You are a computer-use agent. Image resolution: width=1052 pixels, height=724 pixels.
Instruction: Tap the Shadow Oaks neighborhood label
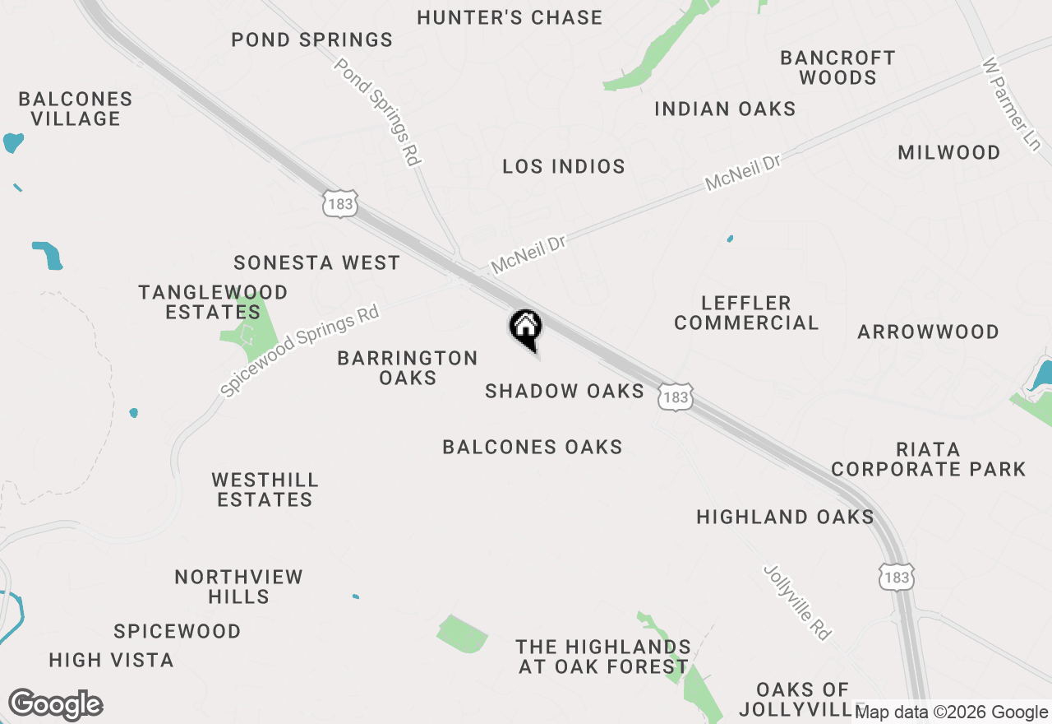565,391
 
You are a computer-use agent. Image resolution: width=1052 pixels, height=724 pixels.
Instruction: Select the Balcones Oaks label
533,447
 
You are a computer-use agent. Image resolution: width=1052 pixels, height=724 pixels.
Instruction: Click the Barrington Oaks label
408,368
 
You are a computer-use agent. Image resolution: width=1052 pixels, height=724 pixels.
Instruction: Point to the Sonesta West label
316,262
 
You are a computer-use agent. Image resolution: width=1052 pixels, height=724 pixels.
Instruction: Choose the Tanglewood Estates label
213,302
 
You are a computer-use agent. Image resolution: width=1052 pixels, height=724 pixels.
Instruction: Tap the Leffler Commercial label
746,313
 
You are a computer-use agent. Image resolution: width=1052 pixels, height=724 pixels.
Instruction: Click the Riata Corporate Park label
929,459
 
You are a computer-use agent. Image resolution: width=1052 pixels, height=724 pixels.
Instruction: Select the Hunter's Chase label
510,17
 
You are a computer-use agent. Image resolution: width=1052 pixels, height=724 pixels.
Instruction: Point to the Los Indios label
564,166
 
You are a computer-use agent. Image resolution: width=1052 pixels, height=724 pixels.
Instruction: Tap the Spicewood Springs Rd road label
300,351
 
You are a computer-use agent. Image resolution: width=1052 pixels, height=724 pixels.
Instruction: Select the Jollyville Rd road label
797,601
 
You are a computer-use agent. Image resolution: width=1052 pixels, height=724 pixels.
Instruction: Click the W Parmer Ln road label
1012,103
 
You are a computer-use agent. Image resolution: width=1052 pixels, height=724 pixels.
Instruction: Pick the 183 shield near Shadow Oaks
675,397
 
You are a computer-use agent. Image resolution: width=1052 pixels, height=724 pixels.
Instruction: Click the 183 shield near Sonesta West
340,203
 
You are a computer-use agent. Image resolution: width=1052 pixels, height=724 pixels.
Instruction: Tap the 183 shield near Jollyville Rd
896,577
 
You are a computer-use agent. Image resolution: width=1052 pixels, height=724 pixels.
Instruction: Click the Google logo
55,705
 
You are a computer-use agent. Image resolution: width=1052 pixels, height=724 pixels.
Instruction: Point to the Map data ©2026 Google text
952,712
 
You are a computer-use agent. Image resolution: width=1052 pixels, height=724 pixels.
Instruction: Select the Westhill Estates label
265,490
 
